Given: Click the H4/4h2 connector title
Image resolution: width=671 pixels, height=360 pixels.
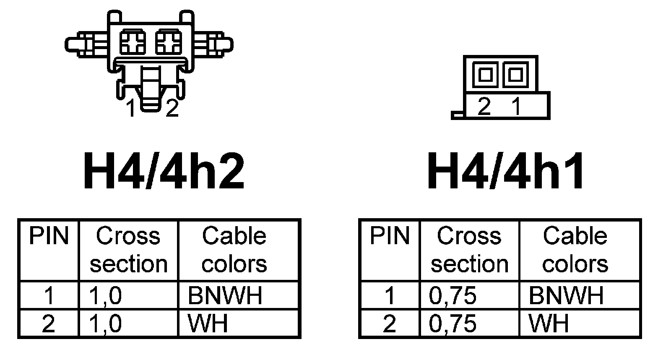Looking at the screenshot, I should pyautogui.click(x=164, y=172).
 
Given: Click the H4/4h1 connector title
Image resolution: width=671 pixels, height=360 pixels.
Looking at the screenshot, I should pyautogui.click(x=506, y=172).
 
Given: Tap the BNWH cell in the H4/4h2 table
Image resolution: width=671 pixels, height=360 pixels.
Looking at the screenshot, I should pyautogui.click(x=225, y=295).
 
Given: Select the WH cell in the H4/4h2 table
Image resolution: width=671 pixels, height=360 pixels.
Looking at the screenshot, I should pyautogui.click(x=208, y=323).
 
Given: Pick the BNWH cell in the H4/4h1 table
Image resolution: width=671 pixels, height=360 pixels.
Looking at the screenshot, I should pyautogui.click(x=566, y=295).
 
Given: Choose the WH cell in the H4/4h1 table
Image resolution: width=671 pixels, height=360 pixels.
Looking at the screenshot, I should pyautogui.click(x=549, y=323).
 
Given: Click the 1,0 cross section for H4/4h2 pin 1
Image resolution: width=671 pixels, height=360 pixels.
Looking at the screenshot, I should pyautogui.click(x=105, y=295).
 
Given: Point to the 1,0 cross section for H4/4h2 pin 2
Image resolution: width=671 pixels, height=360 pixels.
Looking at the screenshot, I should pyautogui.click(x=105, y=323).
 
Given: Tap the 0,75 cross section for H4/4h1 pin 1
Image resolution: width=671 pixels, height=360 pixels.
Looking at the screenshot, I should pyautogui.click(x=453, y=295).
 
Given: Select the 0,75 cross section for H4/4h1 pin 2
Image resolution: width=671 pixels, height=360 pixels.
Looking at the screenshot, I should pyautogui.click(x=453, y=323).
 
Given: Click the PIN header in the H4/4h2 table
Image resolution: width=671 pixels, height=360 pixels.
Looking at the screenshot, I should pyautogui.click(x=49, y=236).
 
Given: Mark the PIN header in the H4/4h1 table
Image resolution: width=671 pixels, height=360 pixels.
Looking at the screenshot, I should pyautogui.click(x=390, y=236).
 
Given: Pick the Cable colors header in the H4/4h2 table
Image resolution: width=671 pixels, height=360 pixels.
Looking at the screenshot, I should pyautogui.click(x=234, y=250).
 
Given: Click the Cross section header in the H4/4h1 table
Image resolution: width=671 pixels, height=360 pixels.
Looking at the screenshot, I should pyautogui.click(x=469, y=250).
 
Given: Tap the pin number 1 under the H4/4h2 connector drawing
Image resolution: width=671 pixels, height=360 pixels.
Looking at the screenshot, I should pyautogui.click(x=132, y=109).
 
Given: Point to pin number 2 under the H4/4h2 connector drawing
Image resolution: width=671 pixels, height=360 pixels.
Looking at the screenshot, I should pyautogui.click(x=172, y=109).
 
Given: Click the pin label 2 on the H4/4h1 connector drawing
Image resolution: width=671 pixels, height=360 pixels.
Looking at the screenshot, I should pyautogui.click(x=484, y=107).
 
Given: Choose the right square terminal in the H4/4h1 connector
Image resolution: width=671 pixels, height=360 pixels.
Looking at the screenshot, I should pyautogui.click(x=515, y=75).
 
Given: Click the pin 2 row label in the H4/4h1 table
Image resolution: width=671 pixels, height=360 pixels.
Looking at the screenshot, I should pyautogui.click(x=390, y=323).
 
